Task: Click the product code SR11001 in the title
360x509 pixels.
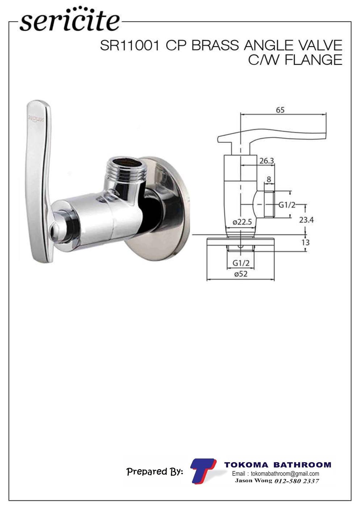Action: pyautogui.click(x=129, y=46)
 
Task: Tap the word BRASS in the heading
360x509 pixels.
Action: pyautogui.click(x=215, y=46)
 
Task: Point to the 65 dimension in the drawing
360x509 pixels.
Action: pyautogui.click(x=280, y=110)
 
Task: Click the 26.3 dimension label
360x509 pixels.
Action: pyautogui.click(x=267, y=161)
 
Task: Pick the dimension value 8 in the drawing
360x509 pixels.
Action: pyautogui.click(x=269, y=179)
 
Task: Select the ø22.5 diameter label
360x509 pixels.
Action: pyautogui.click(x=242, y=222)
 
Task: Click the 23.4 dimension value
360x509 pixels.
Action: pyautogui.click(x=306, y=220)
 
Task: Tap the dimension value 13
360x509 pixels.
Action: pyautogui.click(x=306, y=243)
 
